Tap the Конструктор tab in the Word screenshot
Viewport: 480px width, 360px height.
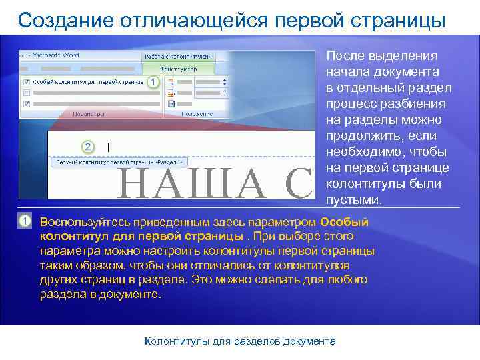pos(180,68)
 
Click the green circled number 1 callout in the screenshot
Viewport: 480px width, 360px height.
pos(153,81)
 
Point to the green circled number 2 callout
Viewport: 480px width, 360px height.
pos(87,146)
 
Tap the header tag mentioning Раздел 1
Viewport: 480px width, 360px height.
pos(120,162)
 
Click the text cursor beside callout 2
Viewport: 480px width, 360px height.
pos(108,147)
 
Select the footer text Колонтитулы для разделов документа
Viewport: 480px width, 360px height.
pos(240,341)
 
